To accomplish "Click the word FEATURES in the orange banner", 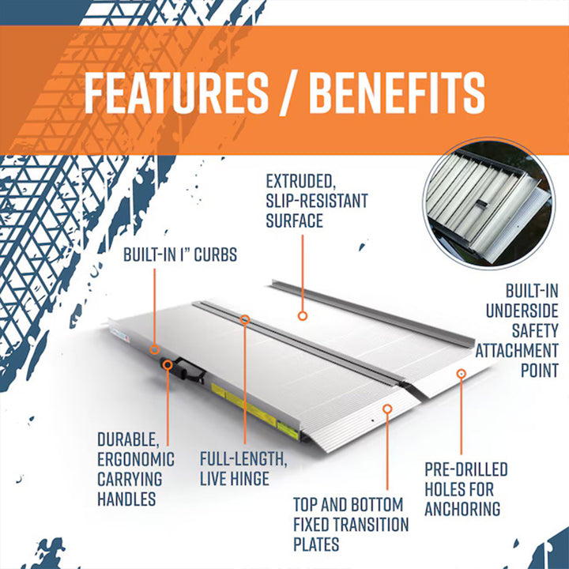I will pyautogui.click(x=175, y=93).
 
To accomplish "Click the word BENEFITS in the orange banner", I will pyautogui.click(x=397, y=93).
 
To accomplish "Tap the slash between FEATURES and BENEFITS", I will pyautogui.click(x=288, y=93).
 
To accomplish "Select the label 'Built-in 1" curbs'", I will pyautogui.click(x=180, y=256).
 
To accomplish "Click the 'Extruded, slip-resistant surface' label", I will pyautogui.click(x=316, y=202).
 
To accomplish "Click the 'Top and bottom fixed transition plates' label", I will pyautogui.click(x=350, y=524).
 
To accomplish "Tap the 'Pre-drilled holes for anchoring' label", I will pyautogui.click(x=465, y=489).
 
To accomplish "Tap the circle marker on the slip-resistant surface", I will pyautogui.click(x=302, y=315).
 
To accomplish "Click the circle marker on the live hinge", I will pyautogui.click(x=245, y=320).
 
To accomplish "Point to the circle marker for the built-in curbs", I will pyautogui.click(x=156, y=349).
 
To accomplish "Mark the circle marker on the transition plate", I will pyautogui.click(x=387, y=408).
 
